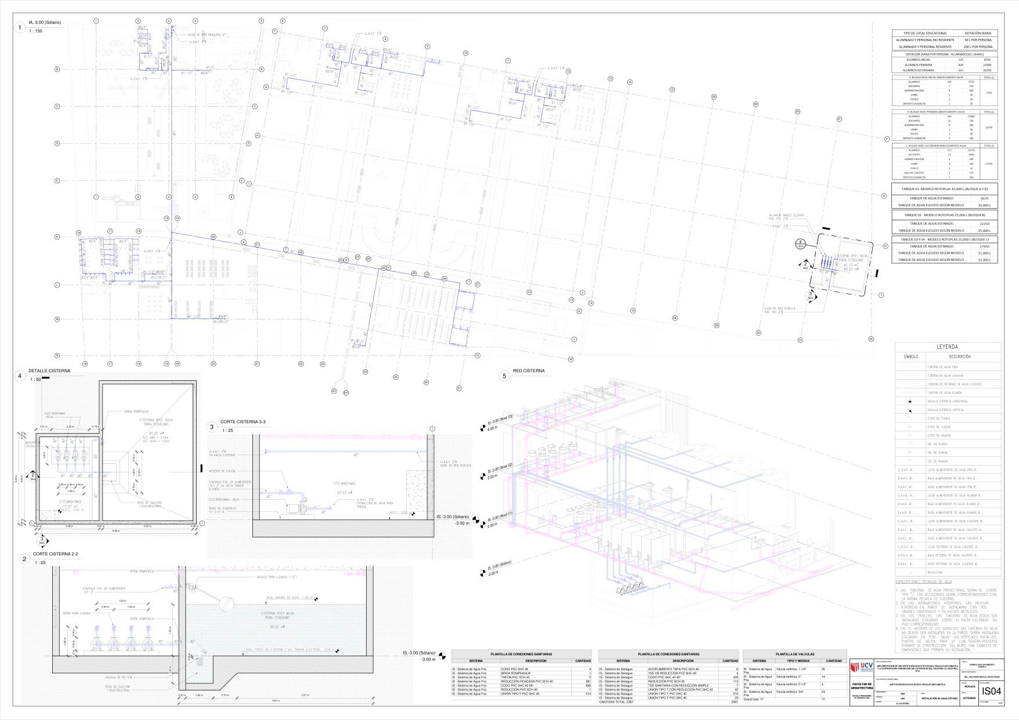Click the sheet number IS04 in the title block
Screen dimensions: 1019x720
pyautogui.click(x=991, y=691)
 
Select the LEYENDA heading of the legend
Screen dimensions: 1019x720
pyautogui.click(x=948, y=347)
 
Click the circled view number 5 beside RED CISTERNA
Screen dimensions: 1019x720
pyautogui.click(x=504, y=376)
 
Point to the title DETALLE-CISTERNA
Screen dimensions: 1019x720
pyautogui.click(x=49, y=370)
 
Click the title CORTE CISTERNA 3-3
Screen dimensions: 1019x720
pyautogui.click(x=243, y=423)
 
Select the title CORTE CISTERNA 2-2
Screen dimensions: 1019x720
pyautogui.click(x=56, y=554)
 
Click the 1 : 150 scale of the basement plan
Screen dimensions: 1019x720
pyautogui.click(x=35, y=31)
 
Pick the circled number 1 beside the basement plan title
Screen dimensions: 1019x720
pyautogui.click(x=20, y=27)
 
